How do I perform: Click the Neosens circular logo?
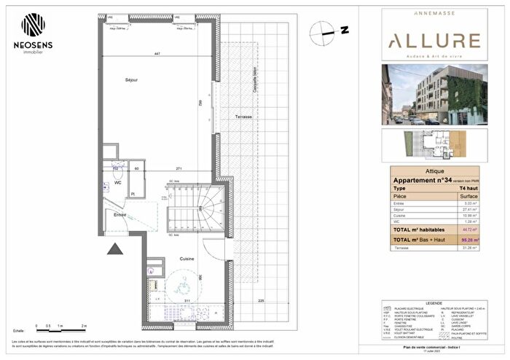coord(32,25)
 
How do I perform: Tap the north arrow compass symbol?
coord(321,31)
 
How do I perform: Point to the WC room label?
coord(117,183)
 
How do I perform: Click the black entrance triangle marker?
coord(114,250)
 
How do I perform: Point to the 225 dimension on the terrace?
coord(262,300)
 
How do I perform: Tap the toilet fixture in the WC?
coord(116,171)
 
